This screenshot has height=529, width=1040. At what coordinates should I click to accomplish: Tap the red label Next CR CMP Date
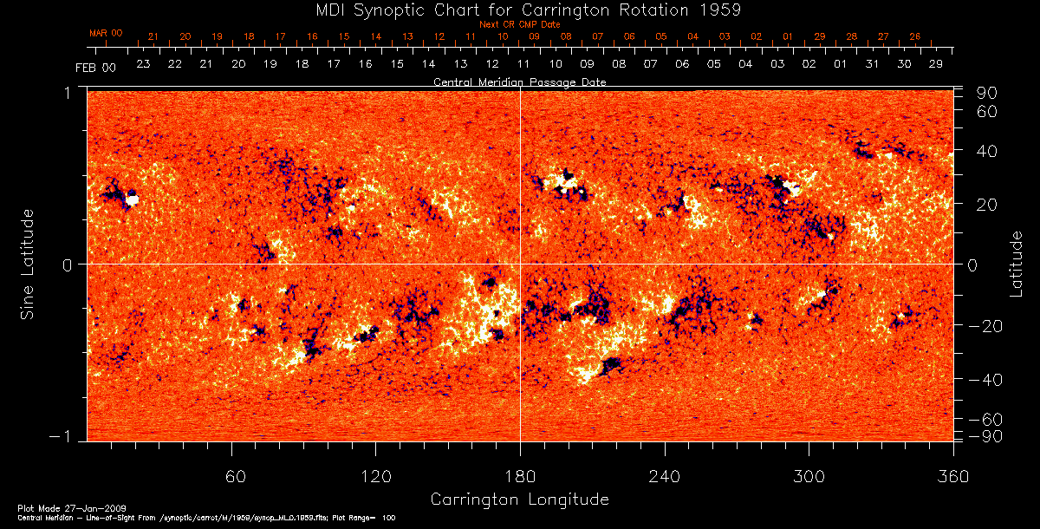tap(520, 24)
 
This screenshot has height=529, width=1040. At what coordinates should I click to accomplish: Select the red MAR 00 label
tap(106, 33)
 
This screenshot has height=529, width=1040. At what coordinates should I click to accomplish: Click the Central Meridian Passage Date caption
tap(519, 82)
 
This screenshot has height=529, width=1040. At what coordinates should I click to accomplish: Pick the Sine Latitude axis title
tap(28, 264)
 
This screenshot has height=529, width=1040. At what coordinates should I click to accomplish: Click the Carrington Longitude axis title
tap(519, 500)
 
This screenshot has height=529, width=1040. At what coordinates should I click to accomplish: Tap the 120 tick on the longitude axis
tap(376, 476)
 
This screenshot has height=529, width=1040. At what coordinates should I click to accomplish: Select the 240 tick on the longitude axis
tap(665, 476)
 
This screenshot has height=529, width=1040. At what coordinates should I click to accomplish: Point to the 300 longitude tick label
tap(809, 476)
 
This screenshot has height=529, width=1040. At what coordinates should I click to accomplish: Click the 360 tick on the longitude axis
tap(953, 476)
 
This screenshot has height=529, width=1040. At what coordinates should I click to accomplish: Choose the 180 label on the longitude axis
tap(520, 476)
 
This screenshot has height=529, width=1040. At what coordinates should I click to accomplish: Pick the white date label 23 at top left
tap(143, 64)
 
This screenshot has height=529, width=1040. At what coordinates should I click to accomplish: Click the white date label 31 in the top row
tap(872, 64)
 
